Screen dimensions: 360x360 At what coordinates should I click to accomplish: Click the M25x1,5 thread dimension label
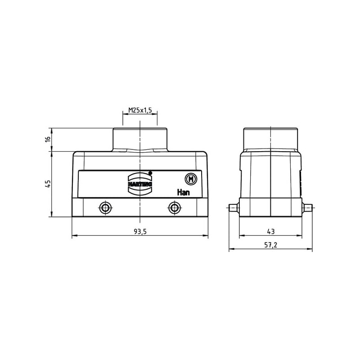pos(140,110)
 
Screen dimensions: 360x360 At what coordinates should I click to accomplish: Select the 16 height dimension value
pos(48,139)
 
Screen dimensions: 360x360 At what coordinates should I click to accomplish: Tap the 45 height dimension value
pos(48,184)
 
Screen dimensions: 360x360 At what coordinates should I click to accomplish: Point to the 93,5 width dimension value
pos(140,232)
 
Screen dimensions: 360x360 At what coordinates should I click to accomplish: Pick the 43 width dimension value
pos(271,231)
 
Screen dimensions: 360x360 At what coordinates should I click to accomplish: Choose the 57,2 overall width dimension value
pos(271,245)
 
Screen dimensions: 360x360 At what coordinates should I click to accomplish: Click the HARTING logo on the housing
pos(140,184)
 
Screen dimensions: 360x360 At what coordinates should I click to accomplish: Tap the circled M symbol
pos(191,179)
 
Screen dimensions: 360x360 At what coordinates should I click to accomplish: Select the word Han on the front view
pos(183,192)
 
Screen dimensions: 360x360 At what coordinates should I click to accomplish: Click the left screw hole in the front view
pos(105,208)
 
